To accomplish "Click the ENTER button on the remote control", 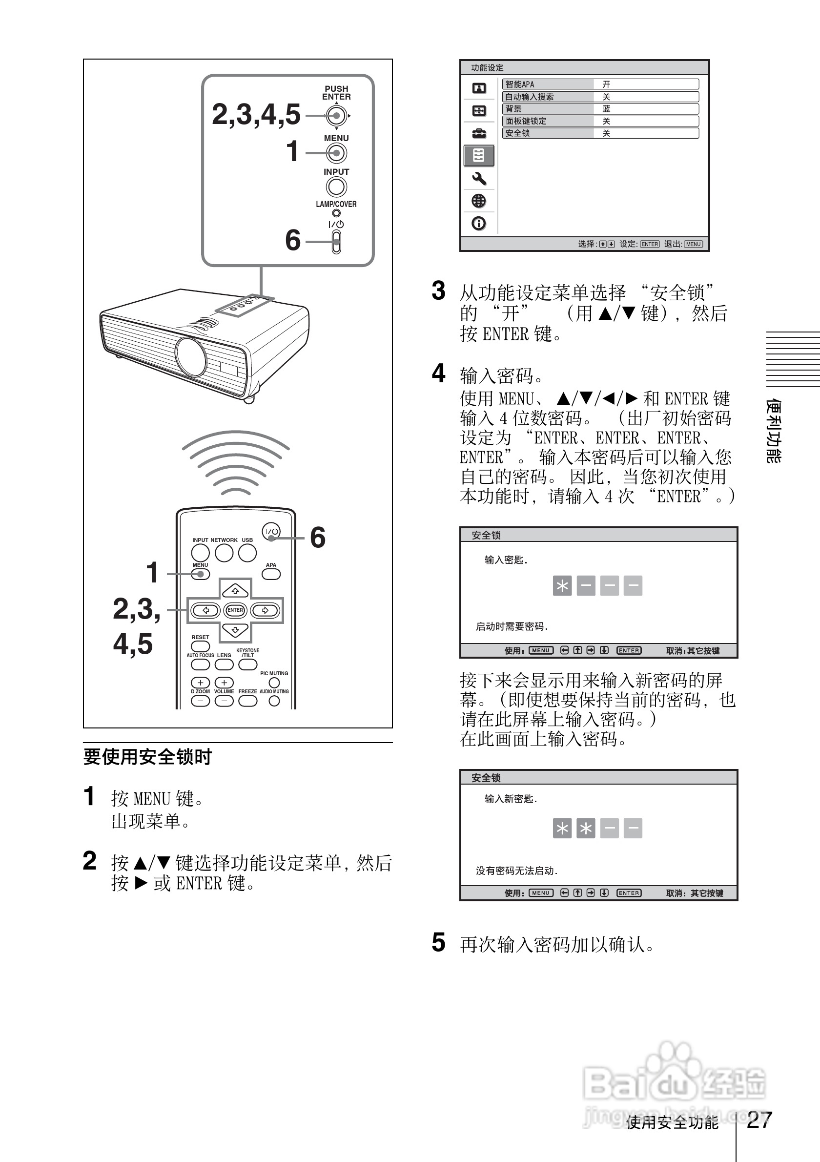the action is coord(235,610).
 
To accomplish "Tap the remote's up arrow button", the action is coord(235,590).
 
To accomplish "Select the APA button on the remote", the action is coord(271,574).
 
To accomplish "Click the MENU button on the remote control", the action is coord(200,574).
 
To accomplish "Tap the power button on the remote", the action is coord(271,531).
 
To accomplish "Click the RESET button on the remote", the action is coord(200,646).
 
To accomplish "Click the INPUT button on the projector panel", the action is coord(336,187).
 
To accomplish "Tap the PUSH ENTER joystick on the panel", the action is coord(336,116).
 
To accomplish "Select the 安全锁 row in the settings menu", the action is coord(600,133).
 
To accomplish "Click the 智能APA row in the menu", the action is coord(600,84).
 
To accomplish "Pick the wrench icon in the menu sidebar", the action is coord(478,179).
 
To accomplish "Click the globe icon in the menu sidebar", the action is coord(478,201).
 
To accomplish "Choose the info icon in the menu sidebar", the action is coord(478,223).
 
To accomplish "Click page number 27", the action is coord(759,1120).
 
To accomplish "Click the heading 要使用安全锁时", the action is coord(147,757).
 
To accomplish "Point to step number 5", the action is coord(439,942).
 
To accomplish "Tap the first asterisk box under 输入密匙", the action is coord(562,585).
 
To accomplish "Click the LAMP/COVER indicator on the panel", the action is coord(336,213).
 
